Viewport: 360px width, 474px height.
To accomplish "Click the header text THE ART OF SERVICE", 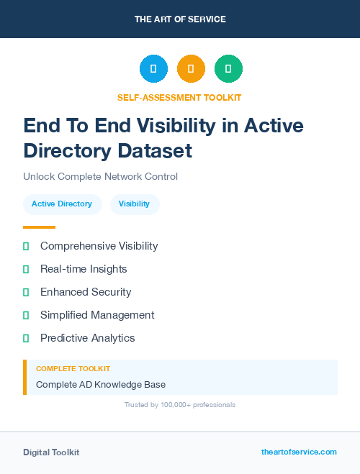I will (x=180, y=19).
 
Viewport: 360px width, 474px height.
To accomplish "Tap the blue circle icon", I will (x=153, y=69).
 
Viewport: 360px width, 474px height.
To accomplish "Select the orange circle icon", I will (x=191, y=69).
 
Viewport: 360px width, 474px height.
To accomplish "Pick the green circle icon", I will (x=228, y=69).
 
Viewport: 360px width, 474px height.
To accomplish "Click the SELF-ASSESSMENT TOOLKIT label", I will (x=180, y=97).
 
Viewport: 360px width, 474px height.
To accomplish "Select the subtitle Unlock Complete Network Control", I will (x=100, y=176).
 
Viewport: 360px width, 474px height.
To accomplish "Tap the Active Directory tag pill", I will (x=62, y=204).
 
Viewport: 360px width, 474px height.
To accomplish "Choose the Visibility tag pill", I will (x=135, y=204).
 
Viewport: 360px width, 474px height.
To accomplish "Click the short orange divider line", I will (x=39, y=227).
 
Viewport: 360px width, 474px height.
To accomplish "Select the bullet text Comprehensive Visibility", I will (x=99, y=246).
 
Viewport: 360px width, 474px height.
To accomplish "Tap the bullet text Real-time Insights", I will (x=84, y=269).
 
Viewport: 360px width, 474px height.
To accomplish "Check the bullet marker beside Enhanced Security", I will (x=26, y=292).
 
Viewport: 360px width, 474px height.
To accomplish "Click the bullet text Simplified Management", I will (x=97, y=315).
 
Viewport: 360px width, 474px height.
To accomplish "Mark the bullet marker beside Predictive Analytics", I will (x=26, y=338).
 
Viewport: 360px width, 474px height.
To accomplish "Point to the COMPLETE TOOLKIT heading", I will (x=73, y=369).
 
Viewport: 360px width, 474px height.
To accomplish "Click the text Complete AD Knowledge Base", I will (x=101, y=385).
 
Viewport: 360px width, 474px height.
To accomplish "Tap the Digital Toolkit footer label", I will (x=51, y=452).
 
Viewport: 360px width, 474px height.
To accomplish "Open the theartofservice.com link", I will (x=299, y=452).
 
